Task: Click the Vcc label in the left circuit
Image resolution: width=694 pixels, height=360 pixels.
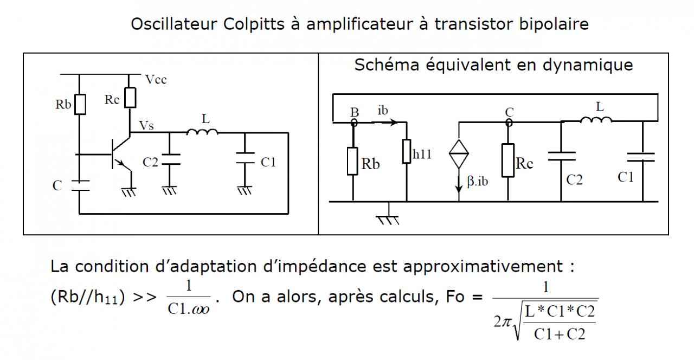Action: click(156, 80)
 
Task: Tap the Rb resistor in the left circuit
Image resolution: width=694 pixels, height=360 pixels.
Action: click(80, 104)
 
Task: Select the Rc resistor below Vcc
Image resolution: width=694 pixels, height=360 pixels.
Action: click(130, 98)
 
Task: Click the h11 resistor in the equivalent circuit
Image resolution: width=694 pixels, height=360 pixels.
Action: click(406, 151)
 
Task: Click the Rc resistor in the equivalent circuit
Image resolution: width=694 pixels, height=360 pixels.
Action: click(508, 160)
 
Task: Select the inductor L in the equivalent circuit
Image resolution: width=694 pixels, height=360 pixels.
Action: click(596, 120)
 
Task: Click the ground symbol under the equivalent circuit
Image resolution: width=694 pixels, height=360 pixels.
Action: click(388, 218)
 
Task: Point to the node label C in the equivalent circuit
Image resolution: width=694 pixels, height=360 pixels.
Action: click(509, 112)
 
